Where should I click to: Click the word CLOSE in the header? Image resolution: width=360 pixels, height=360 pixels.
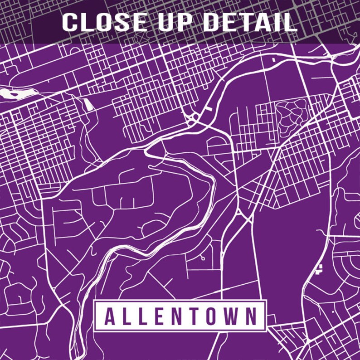(x=105, y=22)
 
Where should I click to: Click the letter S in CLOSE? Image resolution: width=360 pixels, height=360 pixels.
(x=123, y=22)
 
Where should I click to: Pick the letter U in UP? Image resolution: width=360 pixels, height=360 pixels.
(x=166, y=22)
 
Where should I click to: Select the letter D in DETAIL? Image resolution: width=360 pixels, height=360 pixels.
(x=212, y=22)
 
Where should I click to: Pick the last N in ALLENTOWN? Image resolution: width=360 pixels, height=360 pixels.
(x=251, y=316)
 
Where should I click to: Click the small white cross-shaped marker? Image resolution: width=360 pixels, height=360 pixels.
(x=320, y=269)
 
